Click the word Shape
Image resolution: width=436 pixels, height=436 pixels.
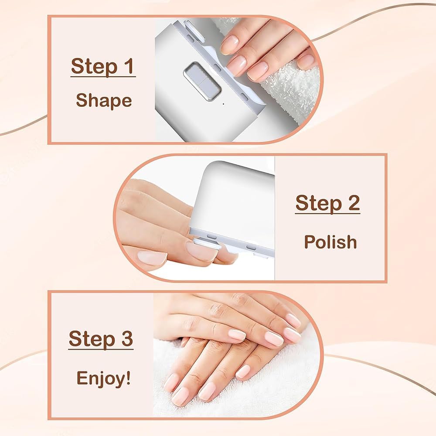(x=104, y=101)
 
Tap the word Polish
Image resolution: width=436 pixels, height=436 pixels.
(x=330, y=242)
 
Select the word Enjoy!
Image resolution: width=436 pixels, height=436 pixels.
(x=103, y=378)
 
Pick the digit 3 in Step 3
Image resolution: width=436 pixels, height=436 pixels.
(x=127, y=338)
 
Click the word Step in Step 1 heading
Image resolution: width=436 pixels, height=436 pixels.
(x=94, y=67)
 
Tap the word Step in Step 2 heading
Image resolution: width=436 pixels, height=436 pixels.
(x=319, y=203)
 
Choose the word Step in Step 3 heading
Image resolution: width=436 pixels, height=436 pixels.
(x=92, y=340)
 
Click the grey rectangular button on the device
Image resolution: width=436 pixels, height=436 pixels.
(x=202, y=82)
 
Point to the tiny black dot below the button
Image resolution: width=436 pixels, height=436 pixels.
(x=224, y=104)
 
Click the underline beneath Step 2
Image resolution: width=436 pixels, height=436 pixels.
(x=327, y=213)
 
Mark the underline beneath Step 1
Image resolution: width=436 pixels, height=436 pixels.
(x=103, y=76)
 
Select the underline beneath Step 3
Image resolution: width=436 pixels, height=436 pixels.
(x=101, y=349)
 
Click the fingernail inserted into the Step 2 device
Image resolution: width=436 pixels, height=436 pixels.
(x=201, y=250)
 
